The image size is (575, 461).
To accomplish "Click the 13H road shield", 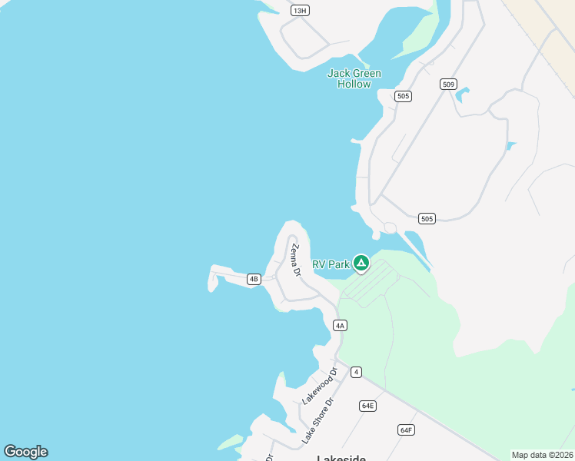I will (x=300, y=10).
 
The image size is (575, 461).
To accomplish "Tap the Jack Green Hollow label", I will (x=354, y=78).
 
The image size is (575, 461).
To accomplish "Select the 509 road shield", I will (x=449, y=84).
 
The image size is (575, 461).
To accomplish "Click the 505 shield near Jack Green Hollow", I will (x=403, y=96).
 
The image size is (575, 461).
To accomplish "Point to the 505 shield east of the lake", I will (x=427, y=219).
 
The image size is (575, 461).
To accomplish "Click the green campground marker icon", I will (x=361, y=264).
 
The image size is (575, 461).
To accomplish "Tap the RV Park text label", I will (x=331, y=264).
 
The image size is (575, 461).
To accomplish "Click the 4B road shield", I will (x=254, y=279).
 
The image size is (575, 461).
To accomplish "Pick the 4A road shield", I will (x=341, y=325).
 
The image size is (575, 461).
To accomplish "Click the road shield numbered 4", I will (x=355, y=372).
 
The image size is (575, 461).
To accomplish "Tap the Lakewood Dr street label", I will (x=319, y=386).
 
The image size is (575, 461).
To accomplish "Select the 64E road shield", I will (x=367, y=406).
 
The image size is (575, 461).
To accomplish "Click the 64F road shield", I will (x=406, y=429).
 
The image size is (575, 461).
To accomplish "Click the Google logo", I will (x=25, y=452).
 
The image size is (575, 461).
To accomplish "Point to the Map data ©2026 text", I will (x=542, y=454).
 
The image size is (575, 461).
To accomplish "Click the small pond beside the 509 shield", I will (x=462, y=95).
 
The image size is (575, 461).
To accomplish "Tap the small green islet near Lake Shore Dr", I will (x=230, y=443).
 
